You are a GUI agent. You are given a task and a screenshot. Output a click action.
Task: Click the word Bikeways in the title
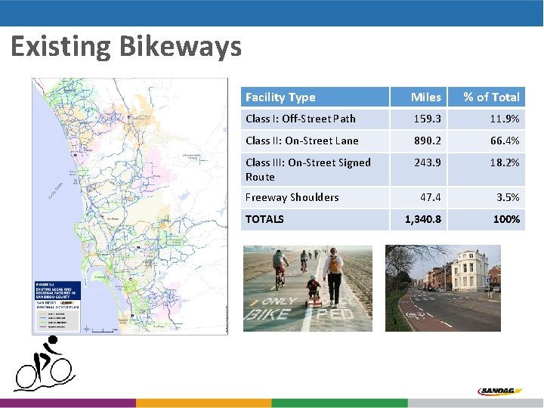(x=181, y=47)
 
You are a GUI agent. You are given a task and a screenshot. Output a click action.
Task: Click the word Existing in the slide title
(x=61, y=47)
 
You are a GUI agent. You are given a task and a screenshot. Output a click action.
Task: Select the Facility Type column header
(x=280, y=97)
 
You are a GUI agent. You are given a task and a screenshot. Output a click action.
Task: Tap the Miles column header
(x=425, y=97)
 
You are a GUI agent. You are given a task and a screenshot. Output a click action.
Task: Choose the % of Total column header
(x=491, y=97)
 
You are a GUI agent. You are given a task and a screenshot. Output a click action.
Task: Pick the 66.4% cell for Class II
(x=504, y=141)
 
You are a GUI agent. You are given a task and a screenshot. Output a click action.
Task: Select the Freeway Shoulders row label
(x=292, y=197)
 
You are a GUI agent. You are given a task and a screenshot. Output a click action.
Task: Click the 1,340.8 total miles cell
(x=424, y=219)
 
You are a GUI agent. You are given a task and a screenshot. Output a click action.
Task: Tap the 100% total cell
(x=506, y=219)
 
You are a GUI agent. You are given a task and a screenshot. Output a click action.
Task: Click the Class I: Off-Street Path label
(x=301, y=119)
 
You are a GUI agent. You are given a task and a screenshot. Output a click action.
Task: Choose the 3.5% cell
(x=508, y=197)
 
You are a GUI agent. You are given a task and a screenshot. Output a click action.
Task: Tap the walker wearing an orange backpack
(x=332, y=271)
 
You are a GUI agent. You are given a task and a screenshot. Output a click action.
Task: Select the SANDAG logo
(x=500, y=391)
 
